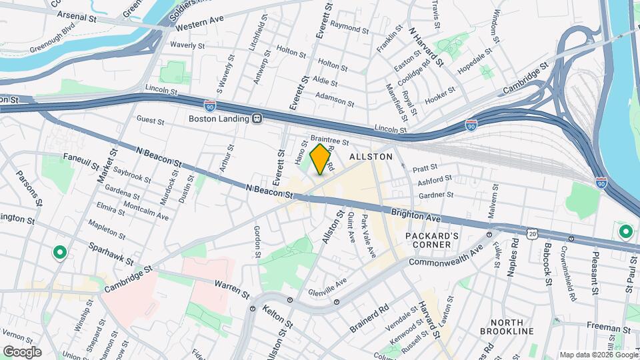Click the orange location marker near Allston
321,159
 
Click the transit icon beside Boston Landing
255,119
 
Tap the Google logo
21,351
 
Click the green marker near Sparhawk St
59,253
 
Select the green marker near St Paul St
625,232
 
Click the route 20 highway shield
531,233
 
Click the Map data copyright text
597,355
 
